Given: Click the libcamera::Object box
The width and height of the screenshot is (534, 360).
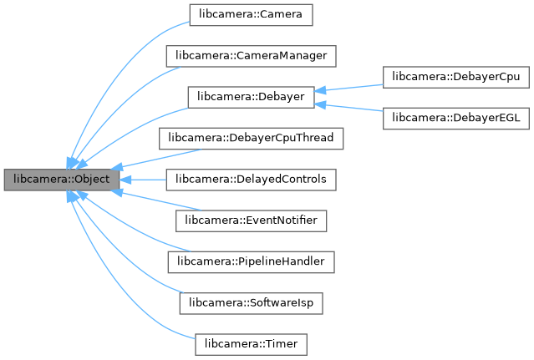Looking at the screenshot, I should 61,180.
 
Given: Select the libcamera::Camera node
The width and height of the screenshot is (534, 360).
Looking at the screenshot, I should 251,15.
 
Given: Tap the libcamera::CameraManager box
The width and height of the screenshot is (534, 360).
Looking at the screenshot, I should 251,56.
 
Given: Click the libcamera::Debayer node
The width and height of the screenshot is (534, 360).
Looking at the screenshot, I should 251,97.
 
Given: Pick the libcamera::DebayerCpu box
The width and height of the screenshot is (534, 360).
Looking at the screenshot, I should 455,76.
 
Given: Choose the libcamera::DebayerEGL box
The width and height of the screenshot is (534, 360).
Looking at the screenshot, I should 455,118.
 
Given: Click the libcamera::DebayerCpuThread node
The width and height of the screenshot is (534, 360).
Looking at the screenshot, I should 251,138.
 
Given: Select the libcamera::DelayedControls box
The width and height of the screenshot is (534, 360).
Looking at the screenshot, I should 251,179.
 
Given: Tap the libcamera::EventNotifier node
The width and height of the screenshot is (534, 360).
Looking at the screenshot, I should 251,220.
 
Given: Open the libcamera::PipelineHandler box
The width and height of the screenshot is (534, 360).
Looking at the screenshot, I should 251,261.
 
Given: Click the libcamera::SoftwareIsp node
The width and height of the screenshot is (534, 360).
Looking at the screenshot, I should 251,302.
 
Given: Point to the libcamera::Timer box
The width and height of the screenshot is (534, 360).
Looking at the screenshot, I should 251,342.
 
